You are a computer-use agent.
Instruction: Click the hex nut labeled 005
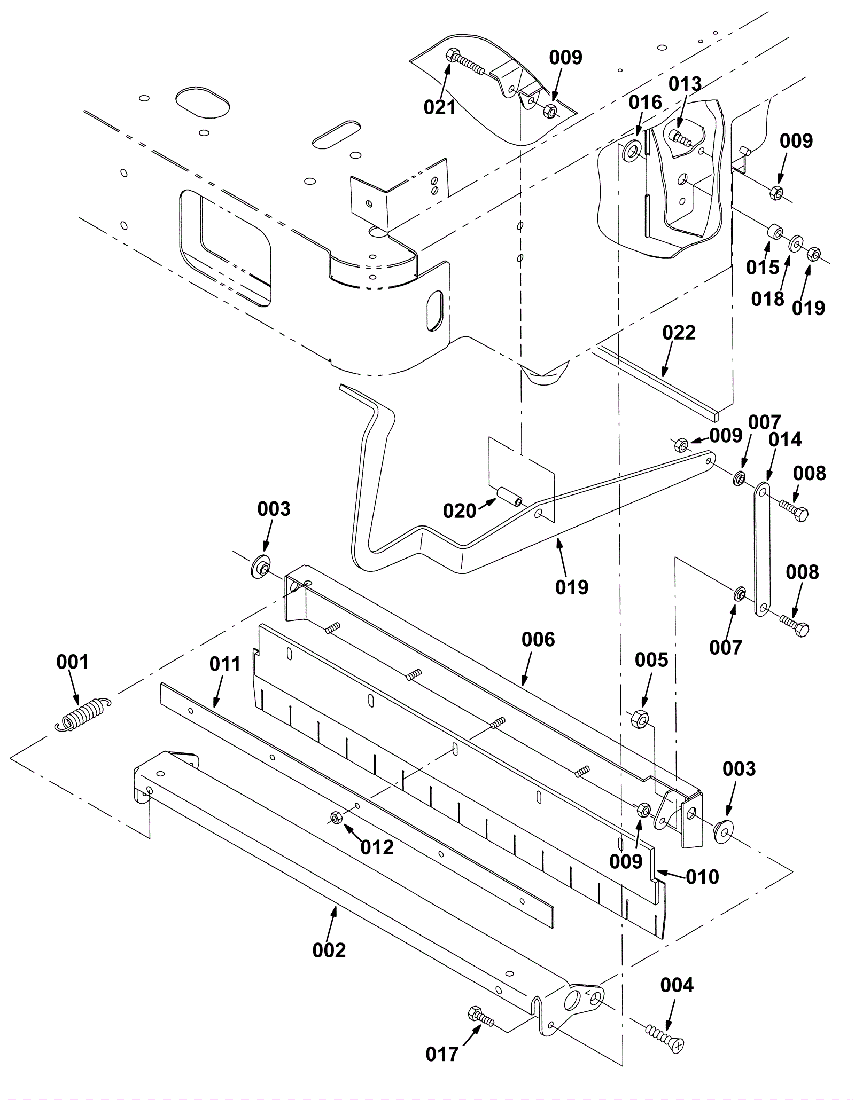[x=640, y=719]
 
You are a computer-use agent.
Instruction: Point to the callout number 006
[x=538, y=639]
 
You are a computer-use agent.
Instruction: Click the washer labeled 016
[x=632, y=150]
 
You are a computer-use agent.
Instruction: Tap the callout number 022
[x=679, y=333]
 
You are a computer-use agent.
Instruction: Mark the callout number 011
[x=225, y=664]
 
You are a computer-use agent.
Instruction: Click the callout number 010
[x=702, y=877]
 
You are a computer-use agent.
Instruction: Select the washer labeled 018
[x=796, y=244]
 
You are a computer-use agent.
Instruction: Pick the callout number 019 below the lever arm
[x=572, y=587]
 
